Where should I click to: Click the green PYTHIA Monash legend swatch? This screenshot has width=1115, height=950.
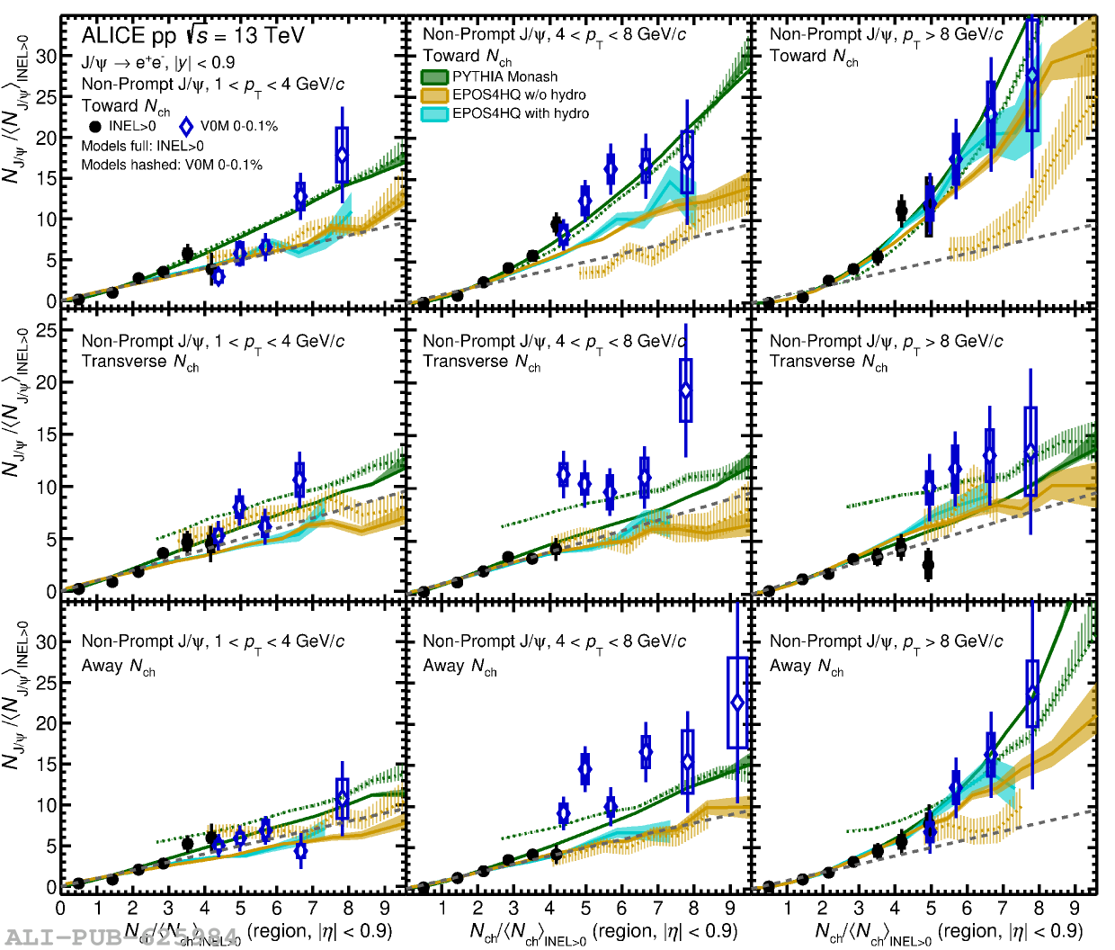[435, 77]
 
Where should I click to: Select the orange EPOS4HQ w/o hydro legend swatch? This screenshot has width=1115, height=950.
[435, 95]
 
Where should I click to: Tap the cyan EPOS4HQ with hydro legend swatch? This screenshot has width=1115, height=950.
[435, 114]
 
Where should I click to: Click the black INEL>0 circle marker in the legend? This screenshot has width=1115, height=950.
[95, 127]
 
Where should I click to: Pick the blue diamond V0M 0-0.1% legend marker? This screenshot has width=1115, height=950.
[186, 127]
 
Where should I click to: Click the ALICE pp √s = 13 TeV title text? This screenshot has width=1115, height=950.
[192, 36]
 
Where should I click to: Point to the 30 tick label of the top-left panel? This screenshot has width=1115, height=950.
[46, 56]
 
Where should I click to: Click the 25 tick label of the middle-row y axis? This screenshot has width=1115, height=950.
[46, 330]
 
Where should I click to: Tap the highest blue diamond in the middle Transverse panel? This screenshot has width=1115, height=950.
[686, 390]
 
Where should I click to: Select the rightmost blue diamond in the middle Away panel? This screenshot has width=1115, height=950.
[737, 702]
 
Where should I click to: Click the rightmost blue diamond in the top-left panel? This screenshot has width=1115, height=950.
[342, 155]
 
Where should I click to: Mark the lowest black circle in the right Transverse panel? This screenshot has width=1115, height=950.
[928, 565]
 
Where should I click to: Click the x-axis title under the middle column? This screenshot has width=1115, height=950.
[603, 933]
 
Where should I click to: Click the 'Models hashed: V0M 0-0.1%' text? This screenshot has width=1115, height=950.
[172, 165]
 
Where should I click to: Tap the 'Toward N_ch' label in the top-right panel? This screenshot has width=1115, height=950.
[814, 57]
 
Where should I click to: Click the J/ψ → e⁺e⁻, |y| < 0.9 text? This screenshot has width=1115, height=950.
[158, 62]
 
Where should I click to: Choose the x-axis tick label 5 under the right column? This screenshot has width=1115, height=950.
[931, 909]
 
